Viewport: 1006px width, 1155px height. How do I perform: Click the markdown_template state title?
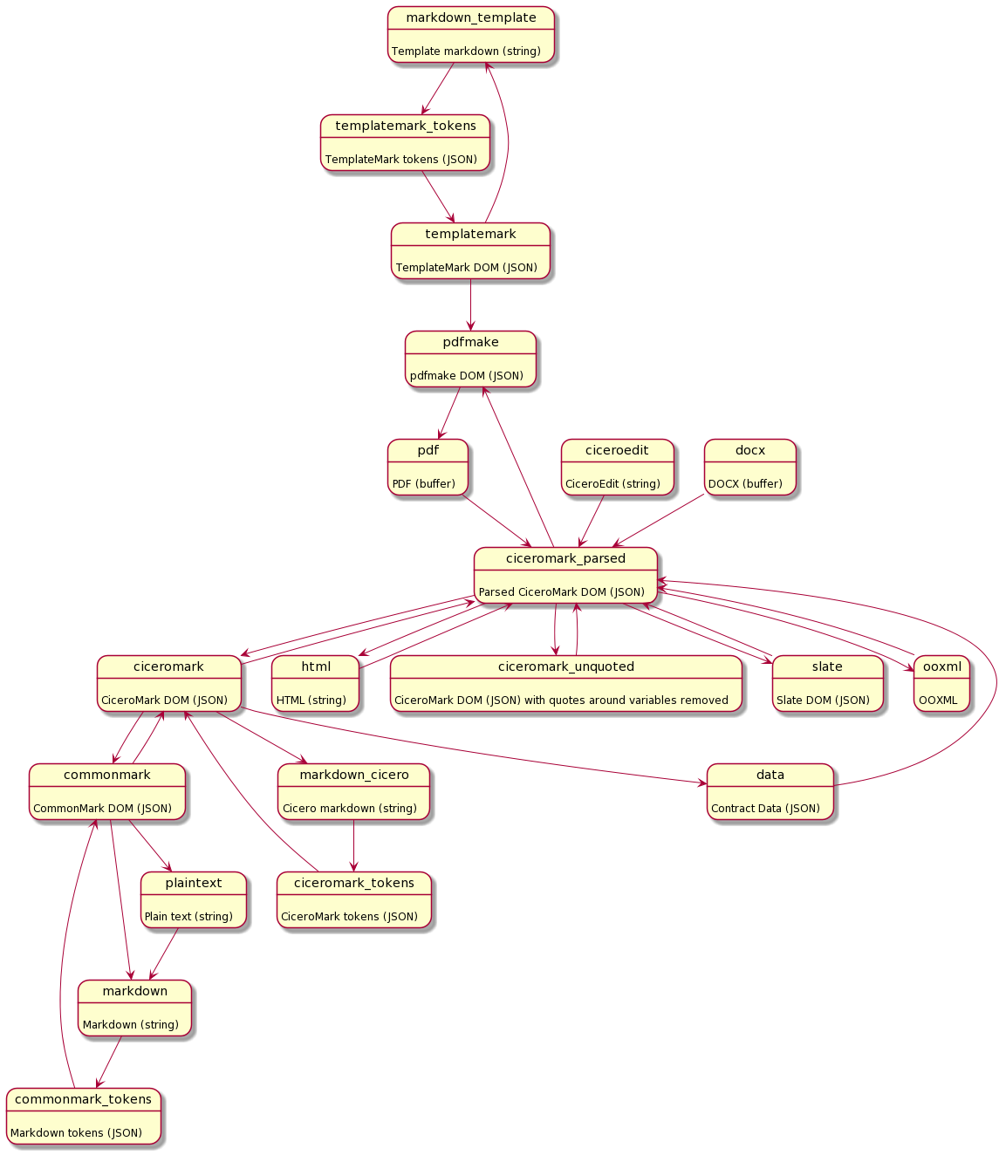pos(471,17)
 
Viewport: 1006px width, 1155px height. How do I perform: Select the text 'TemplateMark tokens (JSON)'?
pos(401,160)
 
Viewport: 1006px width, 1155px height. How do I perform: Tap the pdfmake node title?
pos(470,342)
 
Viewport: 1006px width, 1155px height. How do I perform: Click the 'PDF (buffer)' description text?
pos(424,483)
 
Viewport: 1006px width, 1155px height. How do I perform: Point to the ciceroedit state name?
pos(617,450)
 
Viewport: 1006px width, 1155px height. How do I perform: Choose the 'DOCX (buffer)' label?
pos(746,483)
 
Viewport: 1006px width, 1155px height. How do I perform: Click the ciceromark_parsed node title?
pos(565,558)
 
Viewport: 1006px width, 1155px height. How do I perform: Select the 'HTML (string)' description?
pos(311,700)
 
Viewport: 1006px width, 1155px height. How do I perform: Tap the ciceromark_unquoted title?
pos(566,666)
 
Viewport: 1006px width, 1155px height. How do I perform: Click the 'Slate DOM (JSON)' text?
pos(823,700)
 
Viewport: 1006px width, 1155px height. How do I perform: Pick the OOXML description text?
pos(938,700)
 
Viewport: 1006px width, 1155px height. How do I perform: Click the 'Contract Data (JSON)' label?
pos(766,808)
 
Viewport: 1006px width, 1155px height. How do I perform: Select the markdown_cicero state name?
pos(354,775)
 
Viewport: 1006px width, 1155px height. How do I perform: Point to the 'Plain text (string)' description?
pos(188,916)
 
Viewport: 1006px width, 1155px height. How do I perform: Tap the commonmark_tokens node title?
pos(83,1099)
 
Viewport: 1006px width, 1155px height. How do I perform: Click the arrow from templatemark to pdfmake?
pos(471,305)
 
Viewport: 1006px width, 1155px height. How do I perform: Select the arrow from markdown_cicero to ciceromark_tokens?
pos(353,846)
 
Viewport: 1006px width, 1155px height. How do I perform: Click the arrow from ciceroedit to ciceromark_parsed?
pos(592,522)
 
